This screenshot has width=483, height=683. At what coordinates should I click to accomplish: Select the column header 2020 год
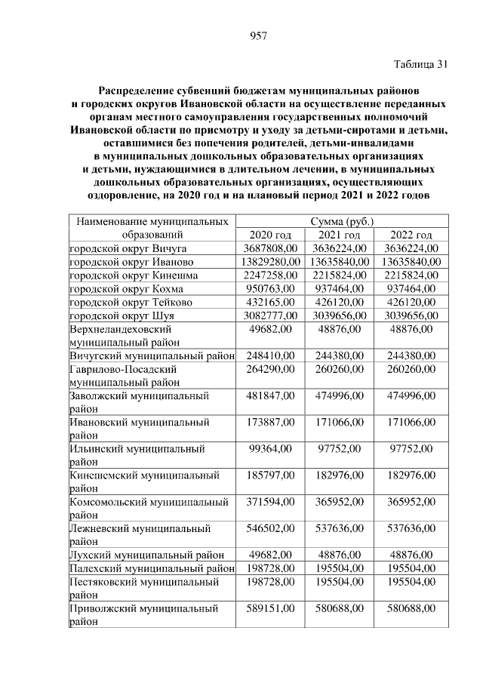(269, 235)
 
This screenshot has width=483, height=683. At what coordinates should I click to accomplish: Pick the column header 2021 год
(337, 235)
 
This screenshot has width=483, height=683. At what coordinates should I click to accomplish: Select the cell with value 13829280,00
(270, 262)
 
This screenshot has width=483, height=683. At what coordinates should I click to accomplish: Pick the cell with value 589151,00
(270, 608)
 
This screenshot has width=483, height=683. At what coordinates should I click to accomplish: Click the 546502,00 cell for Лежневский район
(270, 528)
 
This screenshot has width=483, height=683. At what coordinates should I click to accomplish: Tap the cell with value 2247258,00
(270, 275)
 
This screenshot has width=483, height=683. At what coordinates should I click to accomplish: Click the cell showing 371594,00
(270, 501)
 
